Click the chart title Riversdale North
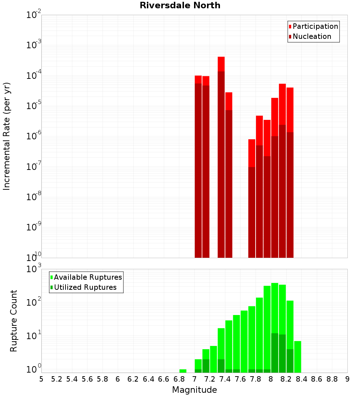pyautogui.click(x=180, y=5)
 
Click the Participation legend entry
pyautogui.click(x=315, y=27)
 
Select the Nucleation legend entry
pyautogui.click(x=312, y=37)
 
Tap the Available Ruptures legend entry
pyautogui.click(x=87, y=277)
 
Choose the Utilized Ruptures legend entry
pyautogui.click(x=85, y=287)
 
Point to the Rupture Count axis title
pyautogui.click(x=13, y=320)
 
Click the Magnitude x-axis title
pyautogui.click(x=194, y=390)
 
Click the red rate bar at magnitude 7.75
pyautogui.click(x=252, y=198)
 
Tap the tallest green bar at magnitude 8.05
pyautogui.click(x=275, y=328)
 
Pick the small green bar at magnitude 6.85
pyautogui.click(x=183, y=371)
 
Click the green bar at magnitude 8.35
pyautogui.click(x=298, y=357)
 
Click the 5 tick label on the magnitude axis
pyautogui.click(x=41, y=379)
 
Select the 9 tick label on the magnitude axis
pyautogui.click(x=347, y=379)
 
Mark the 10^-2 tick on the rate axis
pyautogui.click(x=34, y=15)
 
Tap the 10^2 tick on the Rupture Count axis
pyautogui.click(x=34, y=302)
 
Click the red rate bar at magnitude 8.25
pyautogui.click(x=290, y=172)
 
